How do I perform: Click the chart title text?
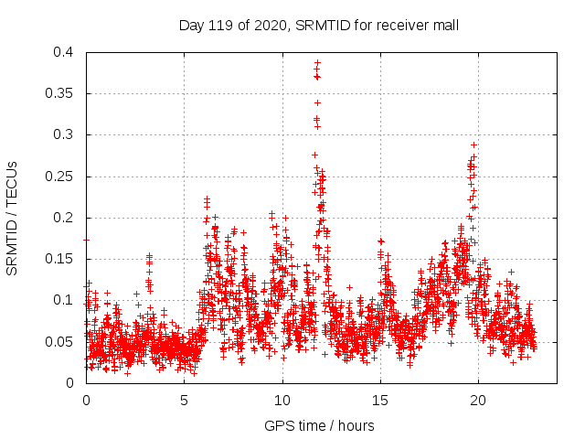click(318, 26)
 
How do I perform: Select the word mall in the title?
click(444, 26)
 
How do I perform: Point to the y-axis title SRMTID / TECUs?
click(13, 218)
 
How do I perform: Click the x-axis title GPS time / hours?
click(318, 425)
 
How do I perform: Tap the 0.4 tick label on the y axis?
click(63, 52)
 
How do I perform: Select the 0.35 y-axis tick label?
click(59, 93)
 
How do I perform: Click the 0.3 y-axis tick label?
click(63, 134)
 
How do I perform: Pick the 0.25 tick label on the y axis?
click(59, 177)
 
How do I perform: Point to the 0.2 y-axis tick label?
click(63, 218)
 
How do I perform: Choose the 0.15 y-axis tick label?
click(59, 259)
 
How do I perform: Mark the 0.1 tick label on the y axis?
click(63, 300)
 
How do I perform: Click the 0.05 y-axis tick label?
click(59, 341)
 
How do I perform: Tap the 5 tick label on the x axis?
click(184, 400)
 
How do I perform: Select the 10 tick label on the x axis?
click(282, 400)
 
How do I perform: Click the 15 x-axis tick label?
click(380, 400)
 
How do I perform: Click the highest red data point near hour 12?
click(317, 63)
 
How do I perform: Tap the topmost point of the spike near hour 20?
click(473, 145)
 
